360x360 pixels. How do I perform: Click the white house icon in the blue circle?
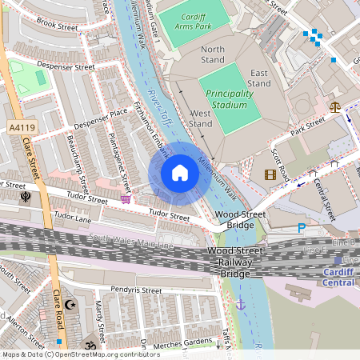click(180, 173)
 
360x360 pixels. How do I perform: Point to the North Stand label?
click(213, 54)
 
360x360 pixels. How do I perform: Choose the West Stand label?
click(200, 118)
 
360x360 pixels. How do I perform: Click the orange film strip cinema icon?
click(270, 174)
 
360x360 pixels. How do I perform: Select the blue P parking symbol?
click(302, 228)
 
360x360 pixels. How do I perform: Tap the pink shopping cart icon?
click(126, 198)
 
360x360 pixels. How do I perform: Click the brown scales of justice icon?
click(334, 105)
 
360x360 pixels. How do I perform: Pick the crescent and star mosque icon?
click(69, 305)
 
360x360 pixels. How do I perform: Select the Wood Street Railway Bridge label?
click(230, 262)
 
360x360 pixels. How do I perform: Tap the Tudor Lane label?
click(73, 217)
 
